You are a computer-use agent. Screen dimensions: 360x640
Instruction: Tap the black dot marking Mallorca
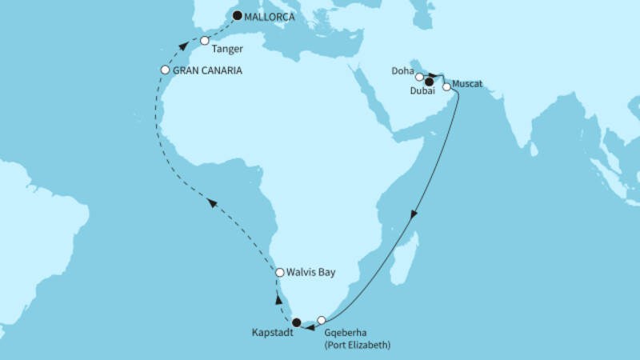pyautogui.click(x=238, y=14)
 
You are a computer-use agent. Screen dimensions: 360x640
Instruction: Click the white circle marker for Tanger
pyautogui.click(x=205, y=41)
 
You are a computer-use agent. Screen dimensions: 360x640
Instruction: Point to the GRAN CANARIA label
pyautogui.click(x=209, y=70)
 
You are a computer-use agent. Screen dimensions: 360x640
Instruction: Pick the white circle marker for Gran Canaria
pyautogui.click(x=166, y=70)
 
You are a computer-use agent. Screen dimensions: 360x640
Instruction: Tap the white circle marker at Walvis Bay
pyautogui.click(x=280, y=273)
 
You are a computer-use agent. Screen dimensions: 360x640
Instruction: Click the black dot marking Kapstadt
pyautogui.click(x=297, y=323)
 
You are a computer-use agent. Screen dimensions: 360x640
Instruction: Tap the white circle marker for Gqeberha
pyautogui.click(x=322, y=320)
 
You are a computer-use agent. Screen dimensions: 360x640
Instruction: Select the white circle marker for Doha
pyautogui.click(x=419, y=77)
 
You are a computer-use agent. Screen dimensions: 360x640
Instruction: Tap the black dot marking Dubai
pyautogui.click(x=429, y=82)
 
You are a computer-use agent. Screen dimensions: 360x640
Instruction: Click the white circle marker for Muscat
pyautogui.click(x=446, y=87)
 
